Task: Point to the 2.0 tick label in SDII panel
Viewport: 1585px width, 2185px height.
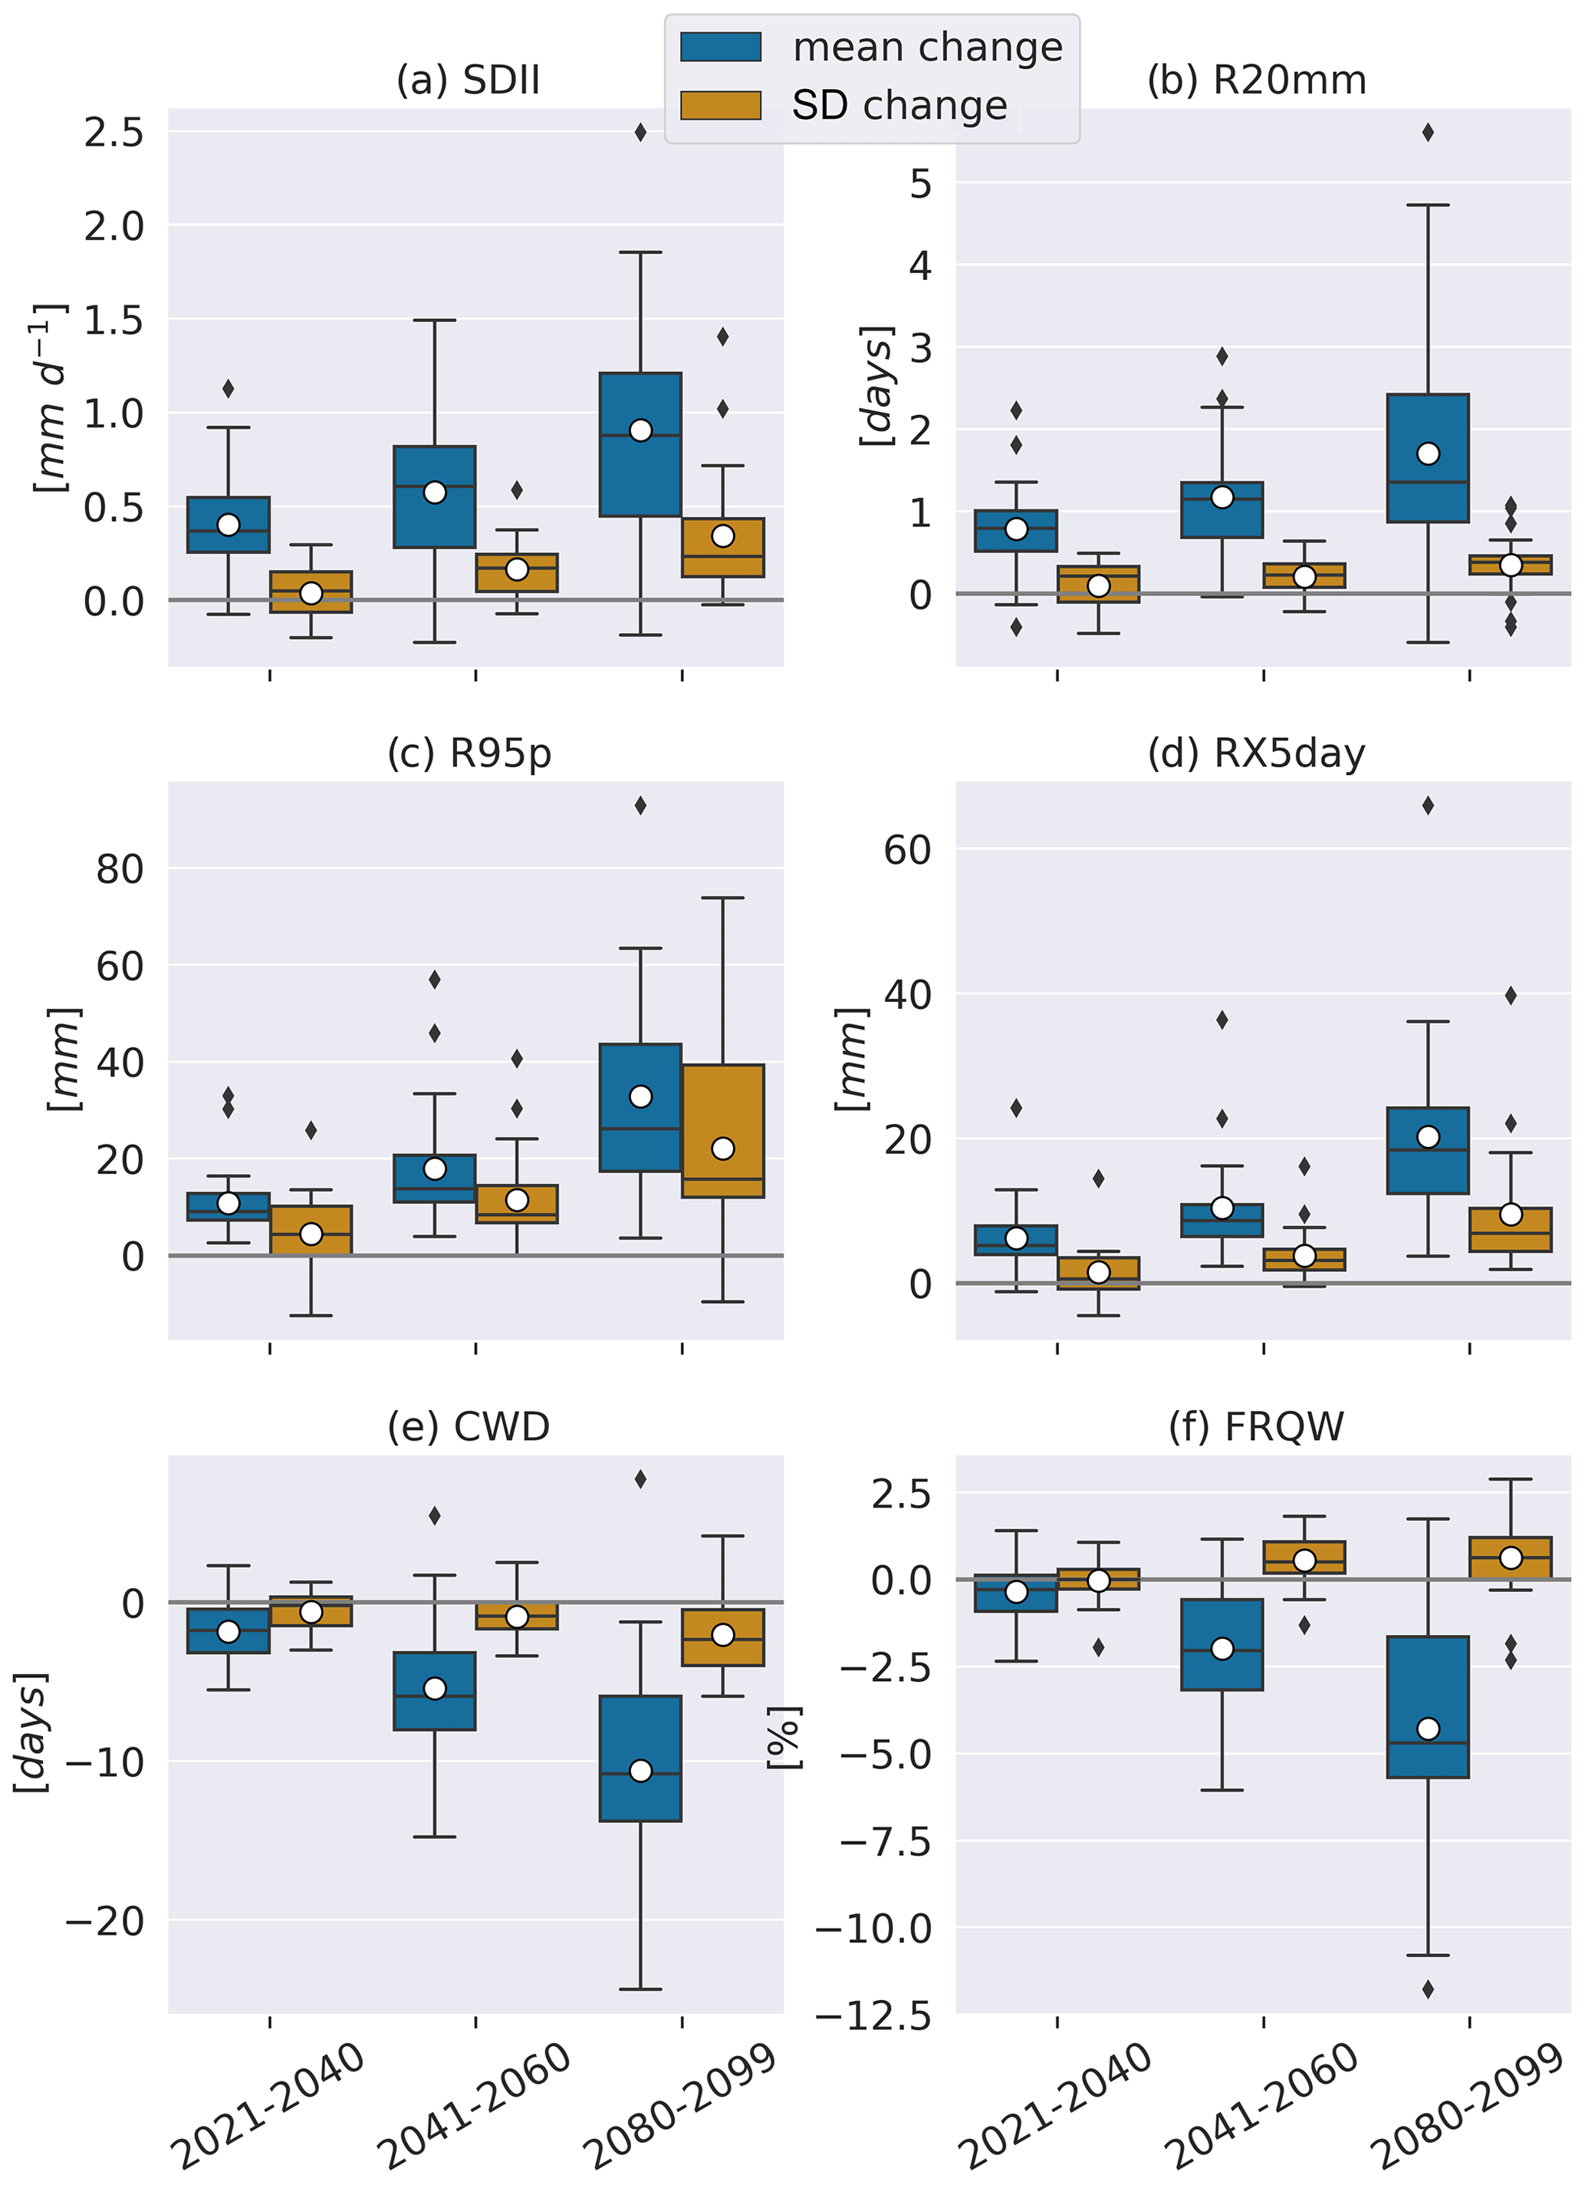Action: pos(113,227)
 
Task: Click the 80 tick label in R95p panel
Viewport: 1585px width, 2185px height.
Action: pos(120,870)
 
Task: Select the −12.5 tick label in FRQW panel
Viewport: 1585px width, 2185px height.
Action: pos(873,2015)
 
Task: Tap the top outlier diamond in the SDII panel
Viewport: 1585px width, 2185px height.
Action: pos(640,133)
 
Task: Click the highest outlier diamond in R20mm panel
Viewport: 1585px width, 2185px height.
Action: pos(1428,133)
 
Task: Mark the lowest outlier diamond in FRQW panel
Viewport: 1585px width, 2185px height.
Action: pos(1428,1989)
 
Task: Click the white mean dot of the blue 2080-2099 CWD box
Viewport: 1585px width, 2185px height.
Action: pos(640,1771)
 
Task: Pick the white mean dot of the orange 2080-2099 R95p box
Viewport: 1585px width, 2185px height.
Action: pos(723,1149)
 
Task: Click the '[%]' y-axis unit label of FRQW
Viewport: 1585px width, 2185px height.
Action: pos(784,1737)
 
